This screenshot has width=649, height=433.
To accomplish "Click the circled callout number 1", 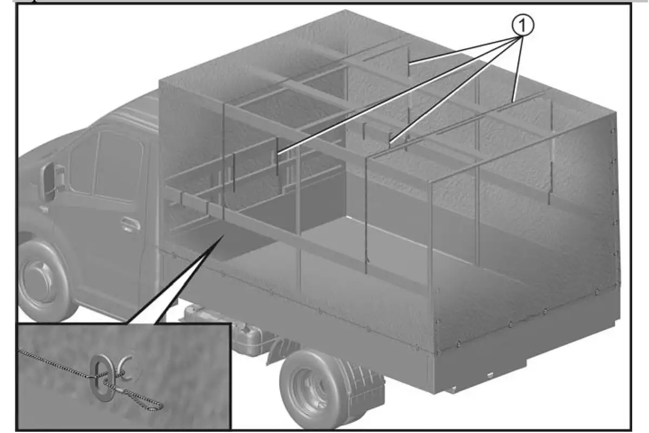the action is (x=522, y=25).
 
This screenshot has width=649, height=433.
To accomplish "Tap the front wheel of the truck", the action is (x=43, y=281).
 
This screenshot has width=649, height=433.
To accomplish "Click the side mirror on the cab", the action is (x=50, y=181).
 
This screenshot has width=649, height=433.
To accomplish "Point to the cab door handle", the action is (x=130, y=224).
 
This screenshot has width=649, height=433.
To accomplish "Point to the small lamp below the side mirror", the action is (x=43, y=209).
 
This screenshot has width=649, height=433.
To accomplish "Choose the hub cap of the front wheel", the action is (x=38, y=277).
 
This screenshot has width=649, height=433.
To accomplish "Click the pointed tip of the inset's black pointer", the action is (x=224, y=235).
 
